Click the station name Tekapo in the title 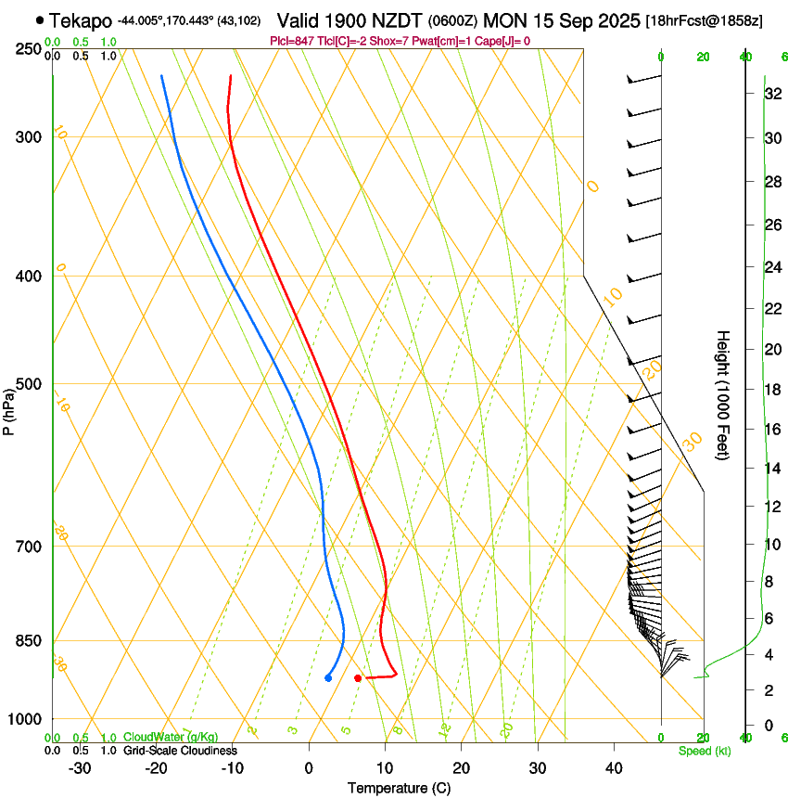click(x=81, y=19)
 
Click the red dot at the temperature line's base click(x=358, y=678)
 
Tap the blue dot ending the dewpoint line click(x=328, y=678)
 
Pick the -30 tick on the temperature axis click(x=80, y=767)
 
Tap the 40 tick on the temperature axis click(x=613, y=767)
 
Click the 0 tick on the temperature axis click(x=309, y=767)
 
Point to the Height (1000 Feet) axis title click(x=724, y=394)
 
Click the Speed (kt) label click(x=704, y=751)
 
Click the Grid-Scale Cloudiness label click(x=180, y=751)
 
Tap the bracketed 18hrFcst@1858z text click(x=705, y=20)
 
